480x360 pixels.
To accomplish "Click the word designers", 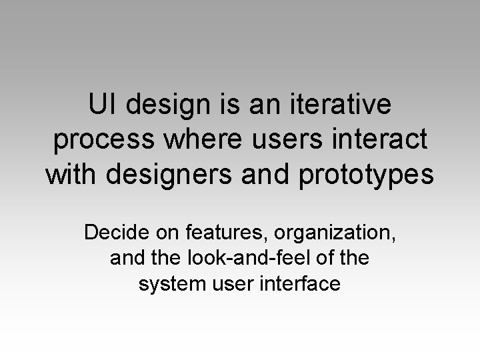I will pos(161,177).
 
